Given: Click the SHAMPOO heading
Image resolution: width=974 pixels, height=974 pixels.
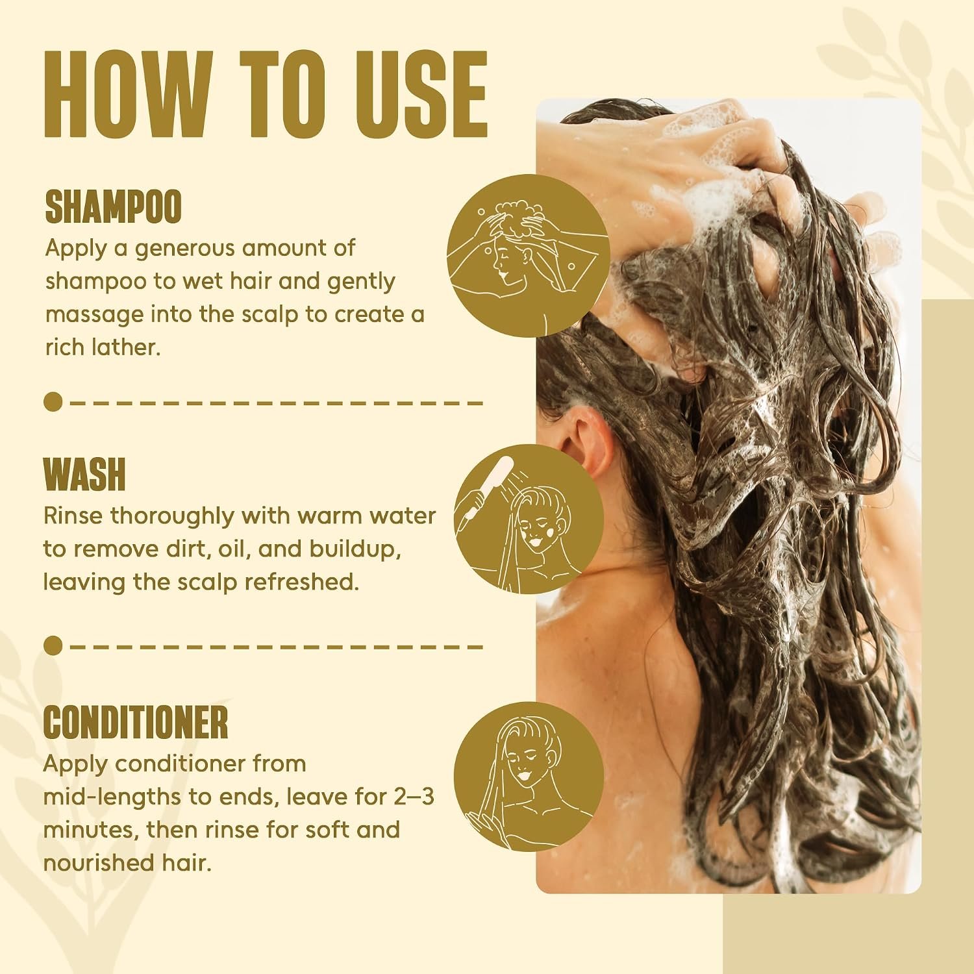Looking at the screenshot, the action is click(x=113, y=207).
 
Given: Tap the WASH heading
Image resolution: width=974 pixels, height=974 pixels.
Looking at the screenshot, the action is click(x=84, y=475).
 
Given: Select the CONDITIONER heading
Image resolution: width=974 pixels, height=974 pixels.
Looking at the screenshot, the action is click(x=136, y=723).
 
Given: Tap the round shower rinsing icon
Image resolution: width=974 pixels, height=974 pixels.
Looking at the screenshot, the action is click(x=529, y=519).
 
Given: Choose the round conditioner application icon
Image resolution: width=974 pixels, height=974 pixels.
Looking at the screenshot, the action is click(x=529, y=776).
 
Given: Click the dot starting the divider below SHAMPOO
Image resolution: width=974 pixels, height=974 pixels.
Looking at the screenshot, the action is click(x=54, y=402).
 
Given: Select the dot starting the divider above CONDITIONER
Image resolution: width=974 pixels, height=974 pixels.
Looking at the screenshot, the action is click(x=54, y=646).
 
